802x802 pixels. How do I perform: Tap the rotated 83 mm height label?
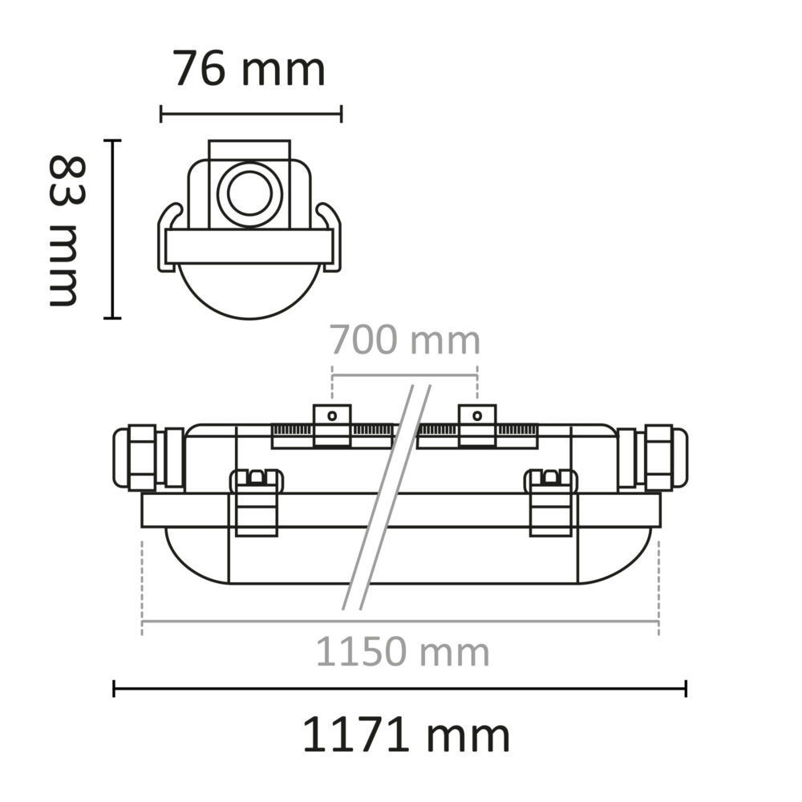65,230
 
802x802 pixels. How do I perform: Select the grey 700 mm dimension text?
405,341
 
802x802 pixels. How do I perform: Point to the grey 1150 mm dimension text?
402,652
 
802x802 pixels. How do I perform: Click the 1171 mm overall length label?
406,735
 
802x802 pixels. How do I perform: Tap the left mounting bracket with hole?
332,425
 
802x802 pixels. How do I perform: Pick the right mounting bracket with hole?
476,425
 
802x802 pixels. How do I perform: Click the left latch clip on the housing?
256,501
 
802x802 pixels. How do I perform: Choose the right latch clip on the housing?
550,501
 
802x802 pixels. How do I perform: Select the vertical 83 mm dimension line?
113,229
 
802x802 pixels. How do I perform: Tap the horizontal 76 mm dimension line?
251,113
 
